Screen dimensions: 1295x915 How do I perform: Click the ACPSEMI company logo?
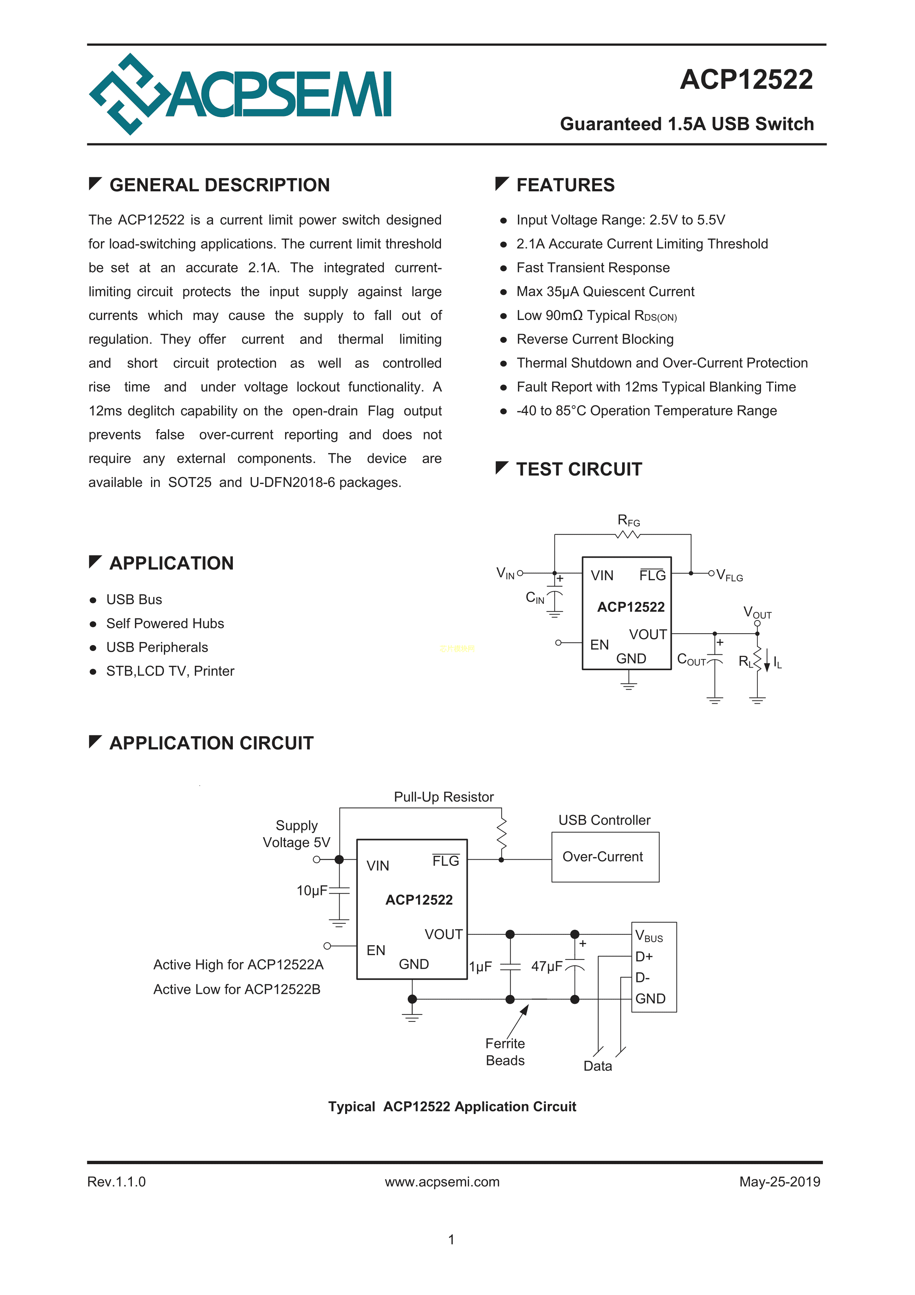pos(239,94)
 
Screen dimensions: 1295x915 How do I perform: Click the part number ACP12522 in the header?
pos(746,80)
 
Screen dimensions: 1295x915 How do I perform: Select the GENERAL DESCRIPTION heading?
pos(219,185)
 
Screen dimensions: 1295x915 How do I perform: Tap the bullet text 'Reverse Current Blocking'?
pos(595,339)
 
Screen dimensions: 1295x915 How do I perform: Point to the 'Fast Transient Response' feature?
pos(593,268)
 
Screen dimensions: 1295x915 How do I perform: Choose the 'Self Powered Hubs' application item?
pos(165,623)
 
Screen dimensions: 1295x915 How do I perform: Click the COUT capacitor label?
pos(691,659)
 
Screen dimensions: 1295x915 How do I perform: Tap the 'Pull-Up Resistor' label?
pos(444,797)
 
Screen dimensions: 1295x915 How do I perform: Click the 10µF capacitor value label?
pos(312,891)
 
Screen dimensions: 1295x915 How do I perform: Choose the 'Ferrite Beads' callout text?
pos(505,1052)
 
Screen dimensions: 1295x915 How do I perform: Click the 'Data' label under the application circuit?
pos(597,1066)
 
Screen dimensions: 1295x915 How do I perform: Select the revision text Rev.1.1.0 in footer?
pos(116,1181)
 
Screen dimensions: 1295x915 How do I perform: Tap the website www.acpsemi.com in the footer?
pos(442,1181)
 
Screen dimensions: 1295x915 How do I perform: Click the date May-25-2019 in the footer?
pos(780,1181)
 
